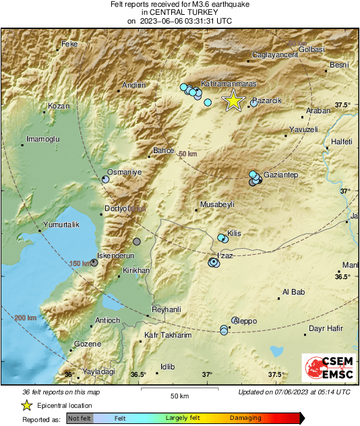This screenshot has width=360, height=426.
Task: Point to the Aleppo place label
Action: tap(245, 322)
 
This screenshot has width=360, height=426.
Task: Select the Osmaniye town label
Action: tap(125, 173)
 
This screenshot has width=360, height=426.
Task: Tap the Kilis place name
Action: tap(234, 233)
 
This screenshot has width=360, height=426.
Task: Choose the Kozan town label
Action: tap(59, 106)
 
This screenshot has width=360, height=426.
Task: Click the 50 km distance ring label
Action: tap(189, 154)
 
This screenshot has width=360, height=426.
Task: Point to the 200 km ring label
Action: tap(26, 317)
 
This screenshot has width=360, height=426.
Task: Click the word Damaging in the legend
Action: tap(245, 418)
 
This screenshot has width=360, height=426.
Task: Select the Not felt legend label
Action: tap(79, 418)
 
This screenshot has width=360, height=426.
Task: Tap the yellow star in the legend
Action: tap(26, 406)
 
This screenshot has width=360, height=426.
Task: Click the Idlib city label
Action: tap(167, 367)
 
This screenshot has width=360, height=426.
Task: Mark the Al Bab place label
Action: tap(293, 292)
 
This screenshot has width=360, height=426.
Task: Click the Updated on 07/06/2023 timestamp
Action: tap(294, 392)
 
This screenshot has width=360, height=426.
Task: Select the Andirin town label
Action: tap(132, 86)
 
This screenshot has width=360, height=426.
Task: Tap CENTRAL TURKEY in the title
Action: tap(179, 12)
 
